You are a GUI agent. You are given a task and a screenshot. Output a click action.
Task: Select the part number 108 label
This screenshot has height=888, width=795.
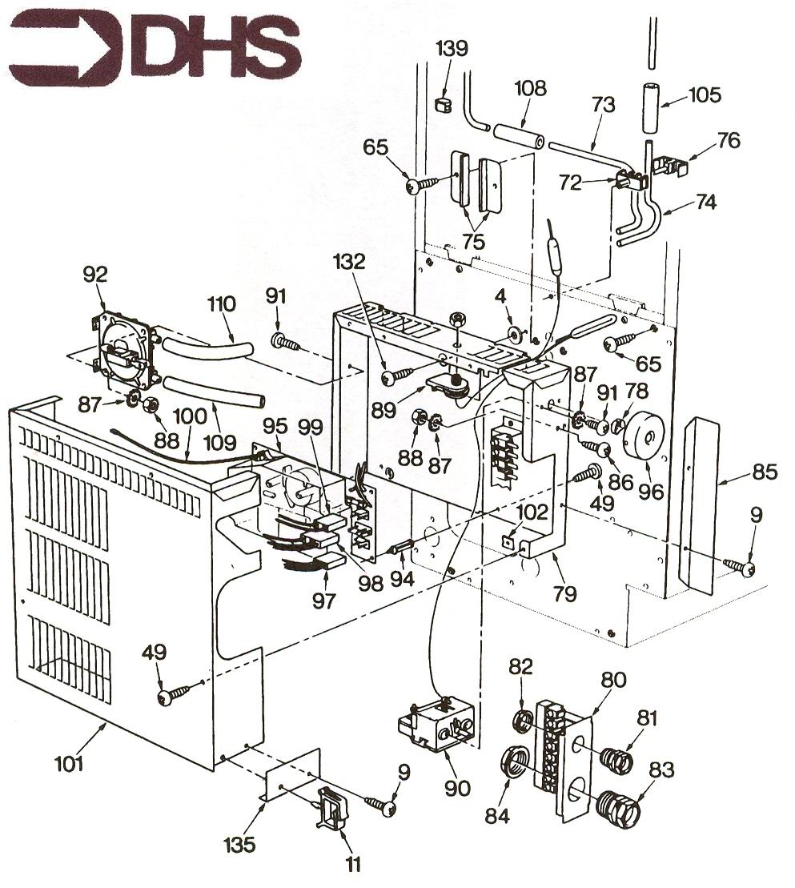click(530, 88)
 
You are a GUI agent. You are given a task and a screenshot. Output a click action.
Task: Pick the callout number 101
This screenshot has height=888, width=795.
click(69, 763)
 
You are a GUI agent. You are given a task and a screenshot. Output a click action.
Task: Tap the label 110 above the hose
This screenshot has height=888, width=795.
click(221, 304)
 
